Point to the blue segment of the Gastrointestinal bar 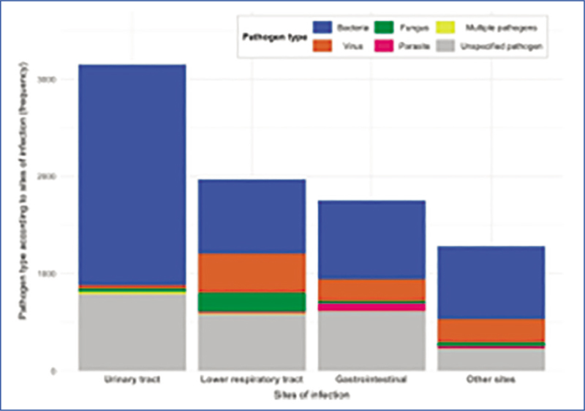[372, 239]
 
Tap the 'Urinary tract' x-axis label [132, 381]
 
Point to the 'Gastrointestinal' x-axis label [372, 381]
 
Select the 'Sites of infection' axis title [312, 396]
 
